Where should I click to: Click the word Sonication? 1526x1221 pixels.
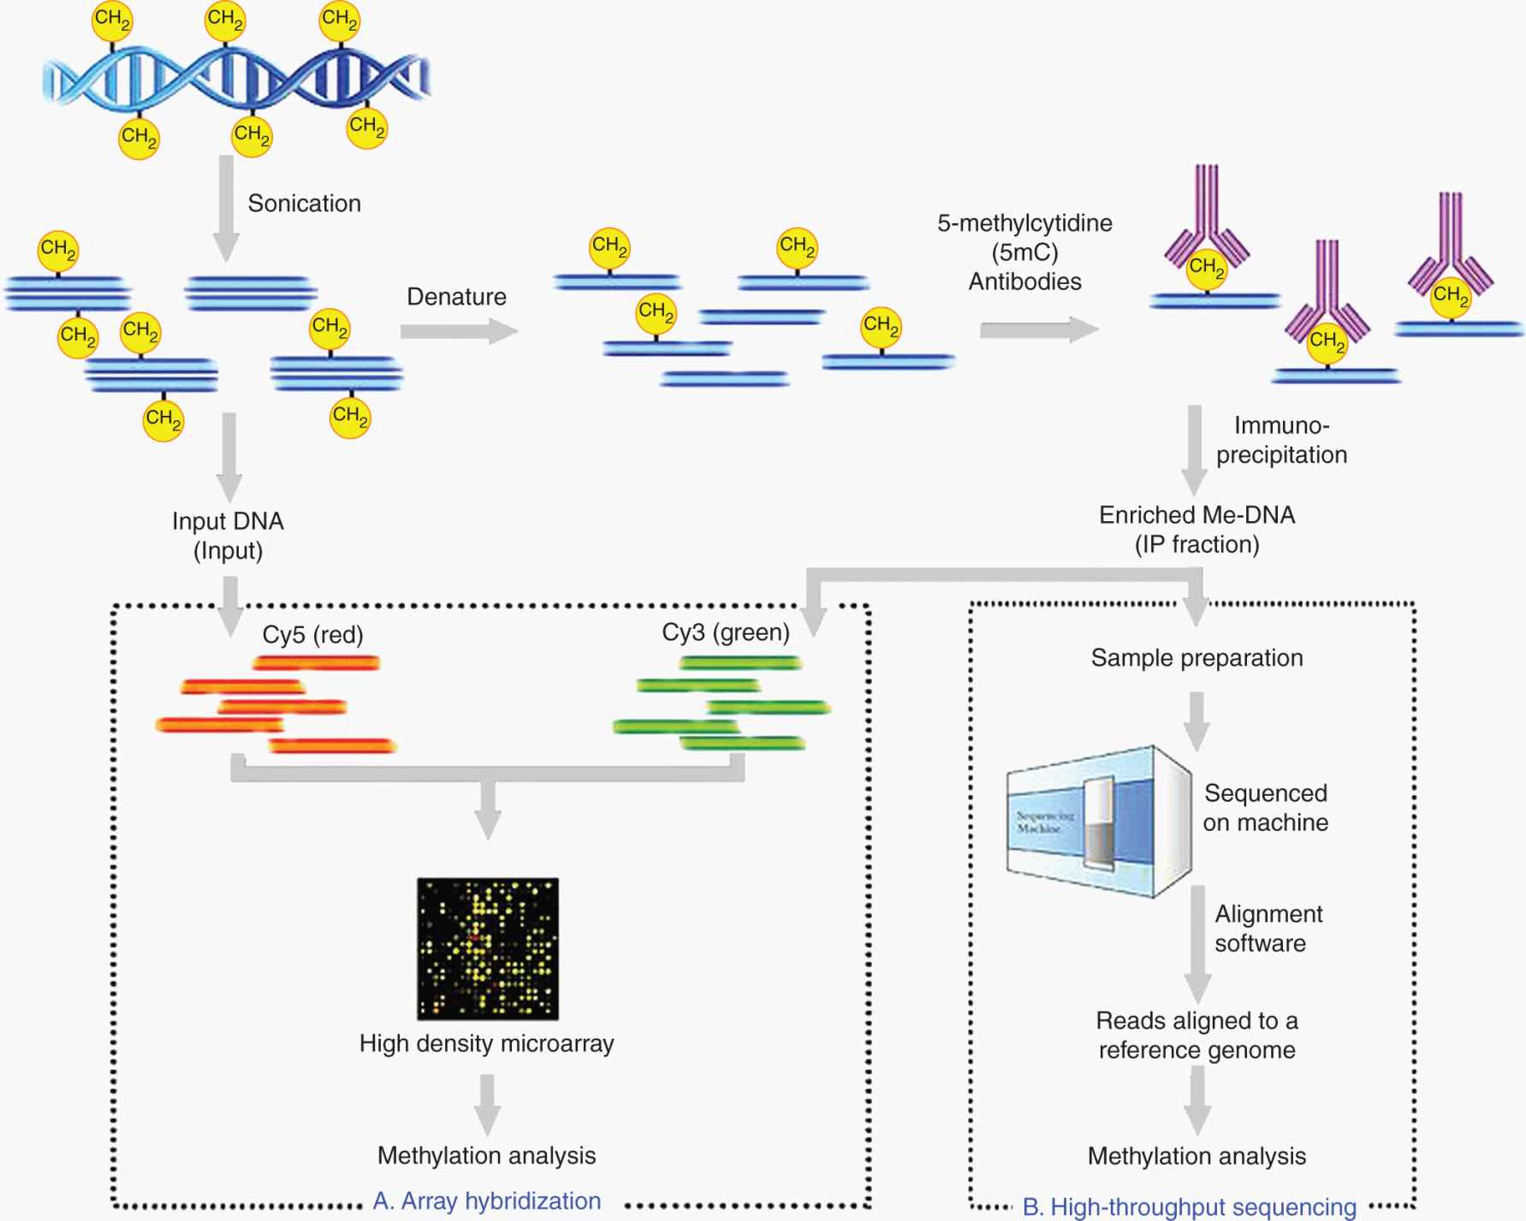[x=304, y=204]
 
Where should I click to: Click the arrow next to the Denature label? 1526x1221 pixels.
[x=459, y=331]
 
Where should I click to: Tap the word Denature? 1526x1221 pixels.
[x=456, y=297]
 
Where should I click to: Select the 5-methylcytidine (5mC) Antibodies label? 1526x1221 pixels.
[x=1024, y=252]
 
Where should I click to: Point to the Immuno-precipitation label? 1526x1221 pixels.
[x=1281, y=440]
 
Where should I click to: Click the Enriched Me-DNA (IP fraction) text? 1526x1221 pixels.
[x=1196, y=530]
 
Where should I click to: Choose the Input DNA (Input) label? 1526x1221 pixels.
[x=228, y=536]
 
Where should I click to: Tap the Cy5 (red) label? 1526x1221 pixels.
[x=312, y=635]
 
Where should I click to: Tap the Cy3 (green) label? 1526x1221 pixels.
[x=725, y=632]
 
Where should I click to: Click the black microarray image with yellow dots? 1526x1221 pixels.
[x=488, y=948]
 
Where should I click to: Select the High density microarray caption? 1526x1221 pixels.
[x=486, y=1044]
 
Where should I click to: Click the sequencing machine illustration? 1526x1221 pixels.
[x=1099, y=821]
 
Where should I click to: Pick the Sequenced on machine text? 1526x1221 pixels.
[x=1266, y=808]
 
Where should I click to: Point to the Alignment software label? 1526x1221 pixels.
[x=1268, y=928]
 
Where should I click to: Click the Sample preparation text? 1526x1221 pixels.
[x=1196, y=658]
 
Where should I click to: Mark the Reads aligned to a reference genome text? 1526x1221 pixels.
[x=1196, y=1035]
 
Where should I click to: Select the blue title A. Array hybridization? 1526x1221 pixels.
[x=486, y=1201]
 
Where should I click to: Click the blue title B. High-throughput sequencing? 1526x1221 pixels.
[x=1189, y=1207]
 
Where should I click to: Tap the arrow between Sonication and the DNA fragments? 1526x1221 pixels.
[x=226, y=208]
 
